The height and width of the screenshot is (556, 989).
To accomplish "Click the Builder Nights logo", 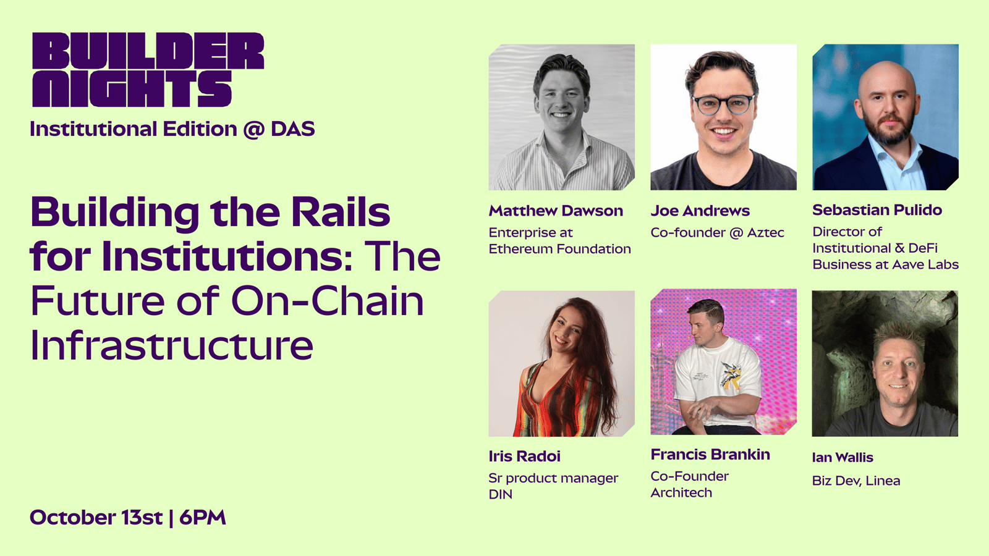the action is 148,69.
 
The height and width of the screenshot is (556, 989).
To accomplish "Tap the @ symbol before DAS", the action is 254,130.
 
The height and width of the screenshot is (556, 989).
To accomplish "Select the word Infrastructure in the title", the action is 172,345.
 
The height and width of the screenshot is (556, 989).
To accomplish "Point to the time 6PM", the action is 203,517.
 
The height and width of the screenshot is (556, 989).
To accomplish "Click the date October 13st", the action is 96,517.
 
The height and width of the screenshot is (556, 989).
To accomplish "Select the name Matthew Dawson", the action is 556,211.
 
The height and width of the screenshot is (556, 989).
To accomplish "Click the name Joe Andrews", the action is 700,211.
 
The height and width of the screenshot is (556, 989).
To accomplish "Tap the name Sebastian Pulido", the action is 877,210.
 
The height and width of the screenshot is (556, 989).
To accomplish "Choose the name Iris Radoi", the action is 525,457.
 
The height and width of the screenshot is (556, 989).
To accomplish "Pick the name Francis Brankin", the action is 710,455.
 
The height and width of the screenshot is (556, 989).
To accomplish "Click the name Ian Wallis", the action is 843,458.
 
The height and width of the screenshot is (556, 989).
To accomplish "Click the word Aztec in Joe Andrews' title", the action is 766,232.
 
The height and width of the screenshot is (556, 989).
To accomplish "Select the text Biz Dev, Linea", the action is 856,481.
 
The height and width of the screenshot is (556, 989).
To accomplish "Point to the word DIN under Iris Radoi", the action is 501,494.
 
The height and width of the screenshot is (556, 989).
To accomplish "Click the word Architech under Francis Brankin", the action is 681,492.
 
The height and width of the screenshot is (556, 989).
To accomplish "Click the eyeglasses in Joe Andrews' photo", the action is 723,105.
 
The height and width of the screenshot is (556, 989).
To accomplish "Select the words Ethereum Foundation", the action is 560,249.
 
